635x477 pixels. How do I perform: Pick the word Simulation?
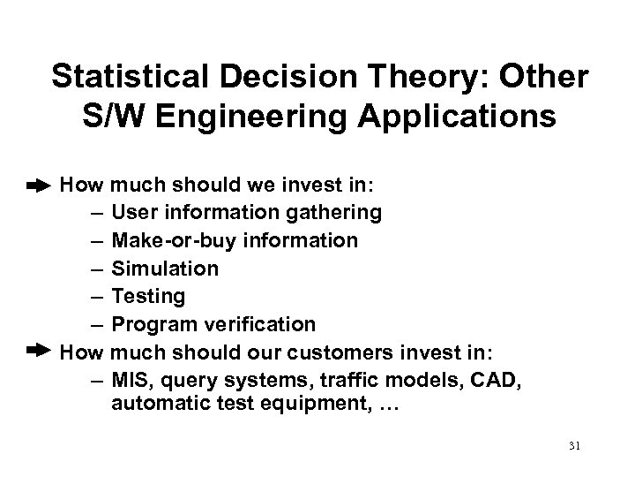click(165, 267)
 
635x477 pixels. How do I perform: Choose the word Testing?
click(148, 295)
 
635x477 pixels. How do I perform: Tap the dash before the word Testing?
click(96, 295)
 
